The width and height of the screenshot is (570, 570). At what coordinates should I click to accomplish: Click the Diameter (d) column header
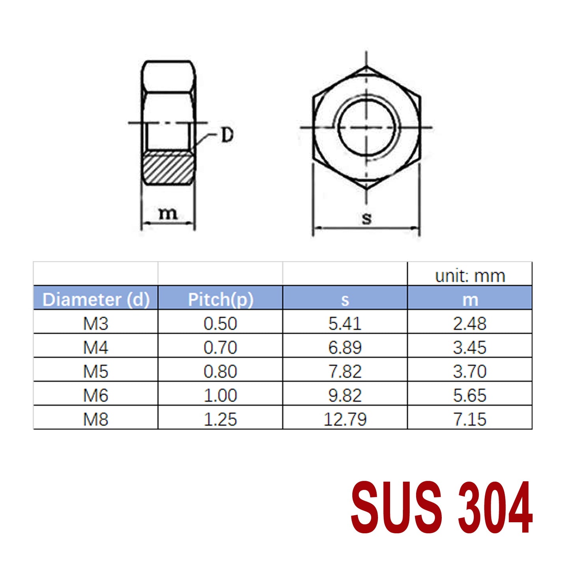coord(96,299)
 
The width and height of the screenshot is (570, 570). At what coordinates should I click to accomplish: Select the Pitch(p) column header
coord(220,299)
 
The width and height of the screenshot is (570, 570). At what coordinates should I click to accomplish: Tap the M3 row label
coord(95,323)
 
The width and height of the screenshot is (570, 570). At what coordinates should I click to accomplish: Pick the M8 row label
coord(95,419)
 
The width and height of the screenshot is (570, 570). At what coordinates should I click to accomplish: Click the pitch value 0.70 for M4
coord(220,348)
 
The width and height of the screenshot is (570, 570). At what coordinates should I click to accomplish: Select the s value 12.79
coord(345,419)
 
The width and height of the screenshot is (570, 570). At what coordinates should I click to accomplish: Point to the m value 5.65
coord(469,395)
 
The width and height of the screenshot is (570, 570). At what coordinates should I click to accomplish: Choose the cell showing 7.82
coord(345,372)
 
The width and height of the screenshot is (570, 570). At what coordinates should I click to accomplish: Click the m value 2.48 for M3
coord(469,323)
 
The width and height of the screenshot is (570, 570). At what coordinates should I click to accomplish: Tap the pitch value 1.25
coord(220,419)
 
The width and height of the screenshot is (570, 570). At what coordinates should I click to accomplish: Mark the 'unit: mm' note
coord(470,276)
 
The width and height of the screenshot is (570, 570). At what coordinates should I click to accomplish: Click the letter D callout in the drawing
coord(227,135)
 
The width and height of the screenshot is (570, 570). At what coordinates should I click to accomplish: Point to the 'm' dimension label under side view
coord(168,213)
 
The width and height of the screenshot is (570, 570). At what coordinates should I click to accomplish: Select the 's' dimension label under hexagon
coord(366,218)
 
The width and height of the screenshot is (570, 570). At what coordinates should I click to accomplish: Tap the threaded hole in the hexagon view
coord(366,127)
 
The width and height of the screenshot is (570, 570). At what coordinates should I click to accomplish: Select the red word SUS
coord(396,507)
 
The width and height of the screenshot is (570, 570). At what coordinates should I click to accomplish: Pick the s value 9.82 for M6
coord(345,395)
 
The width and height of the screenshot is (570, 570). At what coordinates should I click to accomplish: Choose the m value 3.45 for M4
coord(469,348)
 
